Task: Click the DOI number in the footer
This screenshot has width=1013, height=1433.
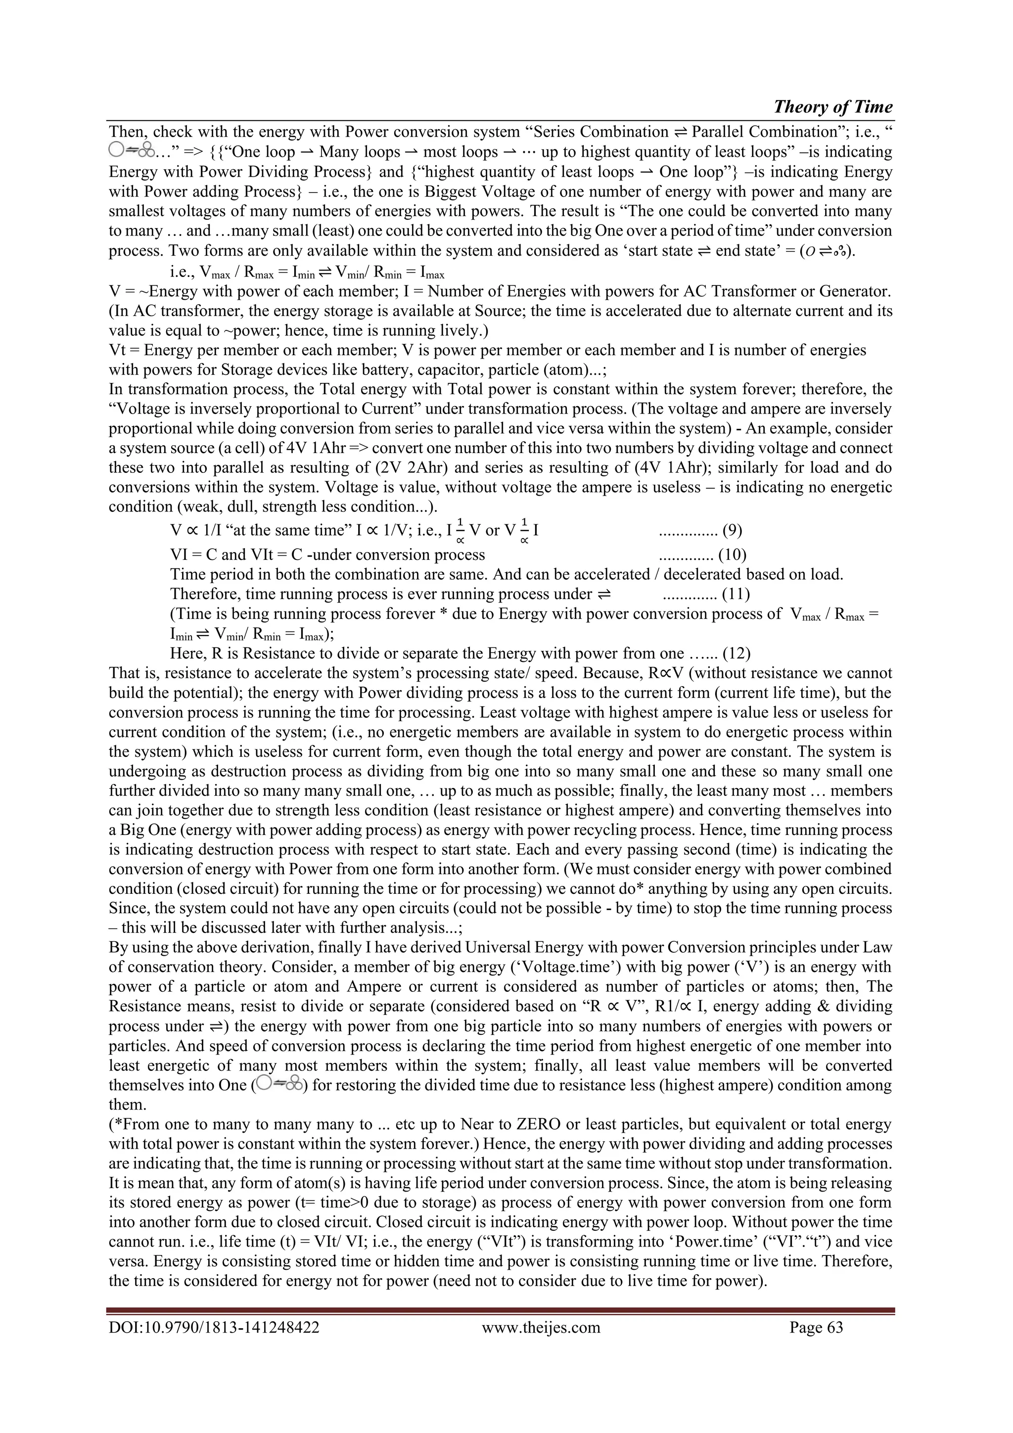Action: click(214, 1327)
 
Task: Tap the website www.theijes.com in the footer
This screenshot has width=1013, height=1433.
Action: click(541, 1327)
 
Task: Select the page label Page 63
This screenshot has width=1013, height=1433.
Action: click(816, 1327)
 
